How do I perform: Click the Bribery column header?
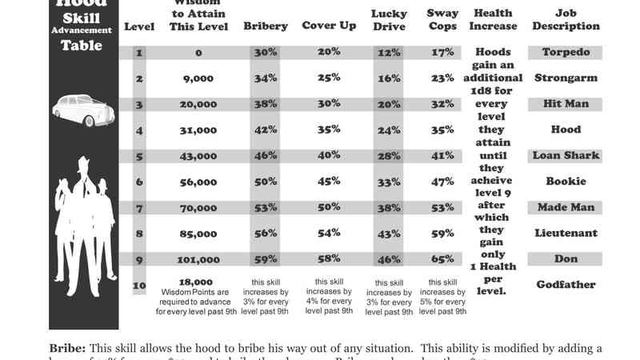[x=265, y=26]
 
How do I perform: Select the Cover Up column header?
[x=328, y=26]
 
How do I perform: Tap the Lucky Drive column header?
[x=389, y=20]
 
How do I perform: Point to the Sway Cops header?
[x=442, y=20]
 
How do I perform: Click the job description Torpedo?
[x=566, y=53]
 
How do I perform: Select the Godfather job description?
[x=566, y=285]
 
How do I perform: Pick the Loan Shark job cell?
[x=566, y=155]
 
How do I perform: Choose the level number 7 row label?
[x=140, y=208]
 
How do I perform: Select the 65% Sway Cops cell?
[x=442, y=260]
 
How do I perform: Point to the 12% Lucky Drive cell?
[x=389, y=53]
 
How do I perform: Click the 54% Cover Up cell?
[x=328, y=234]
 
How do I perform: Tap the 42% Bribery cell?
[x=265, y=130]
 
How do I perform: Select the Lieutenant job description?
[x=566, y=234]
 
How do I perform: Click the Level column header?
[x=140, y=26]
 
